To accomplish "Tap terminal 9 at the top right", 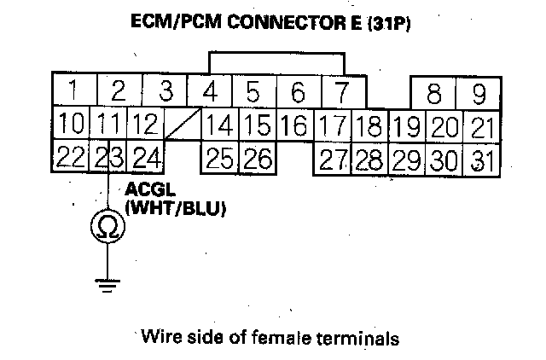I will click(479, 92).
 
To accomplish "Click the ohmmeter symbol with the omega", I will click(108, 225).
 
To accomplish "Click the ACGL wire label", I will click(144, 189).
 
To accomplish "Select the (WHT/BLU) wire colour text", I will click(174, 206).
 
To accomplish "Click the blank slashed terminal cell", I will click(183, 125).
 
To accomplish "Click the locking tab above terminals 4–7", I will click(277, 63).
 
